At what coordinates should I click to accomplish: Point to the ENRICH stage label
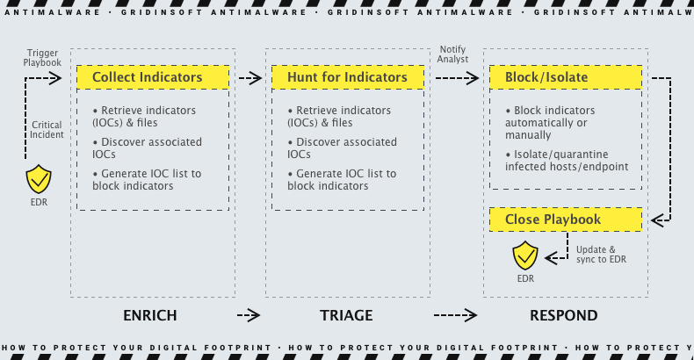click(150, 315)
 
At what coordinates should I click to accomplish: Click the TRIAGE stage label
click(346, 315)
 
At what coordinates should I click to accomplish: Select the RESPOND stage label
click(563, 315)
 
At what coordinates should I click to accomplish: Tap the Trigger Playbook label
click(42, 59)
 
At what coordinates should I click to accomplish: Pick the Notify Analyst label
click(453, 54)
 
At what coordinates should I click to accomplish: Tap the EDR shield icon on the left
click(39, 179)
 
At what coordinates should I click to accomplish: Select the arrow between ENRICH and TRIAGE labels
click(249, 315)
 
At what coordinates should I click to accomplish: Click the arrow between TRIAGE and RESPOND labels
click(455, 315)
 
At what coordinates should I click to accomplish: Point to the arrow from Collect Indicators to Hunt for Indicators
click(250, 78)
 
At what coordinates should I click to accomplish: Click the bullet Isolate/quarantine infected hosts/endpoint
click(567, 161)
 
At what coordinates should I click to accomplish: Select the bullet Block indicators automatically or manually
click(554, 123)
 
